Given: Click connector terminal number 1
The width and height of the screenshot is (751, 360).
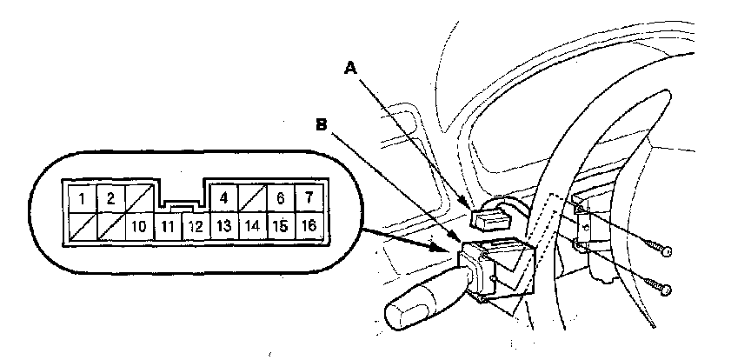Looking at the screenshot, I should pos(82,199).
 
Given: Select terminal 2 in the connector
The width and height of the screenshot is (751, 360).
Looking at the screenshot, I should pos(110,199).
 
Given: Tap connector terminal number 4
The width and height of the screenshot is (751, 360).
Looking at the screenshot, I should pos(223,198).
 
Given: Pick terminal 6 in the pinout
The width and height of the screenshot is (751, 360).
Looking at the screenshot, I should pos(280,198).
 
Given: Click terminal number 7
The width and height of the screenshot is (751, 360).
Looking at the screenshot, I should pos(308,198).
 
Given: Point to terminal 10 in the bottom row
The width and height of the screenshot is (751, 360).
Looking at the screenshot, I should pos(138,228).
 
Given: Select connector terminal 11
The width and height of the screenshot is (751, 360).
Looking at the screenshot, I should pos(169,228).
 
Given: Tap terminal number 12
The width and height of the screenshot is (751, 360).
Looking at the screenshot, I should pos(196,228).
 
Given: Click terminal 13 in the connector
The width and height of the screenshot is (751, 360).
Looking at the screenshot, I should pos(223,227).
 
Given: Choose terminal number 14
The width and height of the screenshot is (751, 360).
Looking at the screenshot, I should pos(252,227).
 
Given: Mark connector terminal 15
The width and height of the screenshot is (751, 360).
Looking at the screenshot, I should pos(280,227).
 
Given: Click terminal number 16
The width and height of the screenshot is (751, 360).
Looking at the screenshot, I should pos(308,227).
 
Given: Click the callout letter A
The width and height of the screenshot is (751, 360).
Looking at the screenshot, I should pos(350,65).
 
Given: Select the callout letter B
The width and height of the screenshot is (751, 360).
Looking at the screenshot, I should pos(321,124).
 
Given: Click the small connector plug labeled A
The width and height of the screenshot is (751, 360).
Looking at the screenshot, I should pos(492,214).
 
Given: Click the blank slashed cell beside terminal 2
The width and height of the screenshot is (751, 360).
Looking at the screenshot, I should pos(139,198).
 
